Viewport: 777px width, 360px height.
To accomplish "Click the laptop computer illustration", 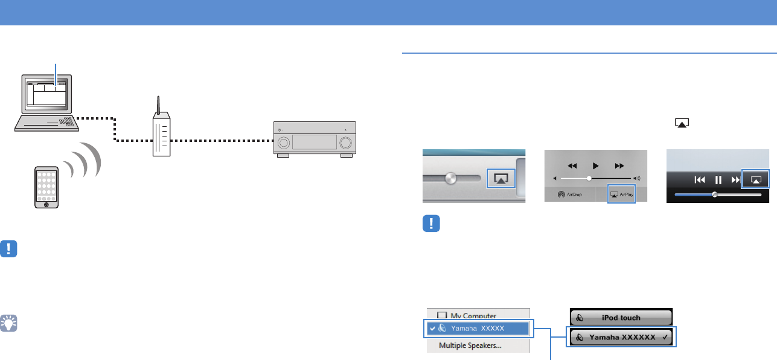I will pos(47,103).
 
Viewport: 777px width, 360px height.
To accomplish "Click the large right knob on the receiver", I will pos(346,143).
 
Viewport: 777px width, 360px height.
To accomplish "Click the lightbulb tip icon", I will pos(9,324).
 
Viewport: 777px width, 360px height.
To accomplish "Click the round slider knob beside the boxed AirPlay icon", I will pos(449,179).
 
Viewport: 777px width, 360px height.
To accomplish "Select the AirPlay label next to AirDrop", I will pos(621,195).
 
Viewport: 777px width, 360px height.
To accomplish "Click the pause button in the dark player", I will pos(718,179).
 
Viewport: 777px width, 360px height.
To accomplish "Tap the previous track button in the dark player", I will pos(700,179).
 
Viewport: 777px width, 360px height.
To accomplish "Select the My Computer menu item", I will pos(467,315).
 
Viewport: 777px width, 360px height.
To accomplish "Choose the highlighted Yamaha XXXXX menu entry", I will pos(478,329).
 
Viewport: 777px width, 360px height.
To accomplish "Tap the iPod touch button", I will pos(621,318).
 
